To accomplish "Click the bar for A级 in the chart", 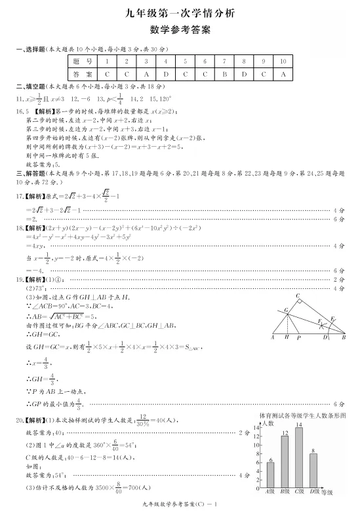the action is pyautogui.click(x=270, y=474).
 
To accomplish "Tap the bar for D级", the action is pyautogui.click(x=313, y=469).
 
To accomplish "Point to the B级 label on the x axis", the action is pyautogui.click(x=285, y=491).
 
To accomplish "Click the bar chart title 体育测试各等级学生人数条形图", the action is pyautogui.click(x=302, y=415).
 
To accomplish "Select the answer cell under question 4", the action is pyautogui.click(x=166, y=75).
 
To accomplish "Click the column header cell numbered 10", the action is pyautogui.click(x=283, y=61).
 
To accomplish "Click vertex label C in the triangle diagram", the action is pyautogui.click(x=298, y=296).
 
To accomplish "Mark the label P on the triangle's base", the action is pyautogui.click(x=298, y=338).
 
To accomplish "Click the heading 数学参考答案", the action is pyautogui.click(x=180, y=29).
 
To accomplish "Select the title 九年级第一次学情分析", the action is pyautogui.click(x=180, y=12).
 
